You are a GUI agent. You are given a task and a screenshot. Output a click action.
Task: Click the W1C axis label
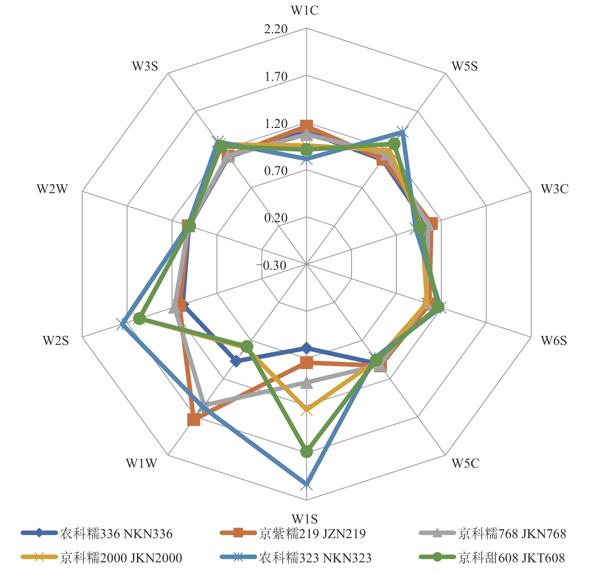coord(305,10)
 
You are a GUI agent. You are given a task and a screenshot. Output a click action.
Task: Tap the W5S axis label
coord(465,66)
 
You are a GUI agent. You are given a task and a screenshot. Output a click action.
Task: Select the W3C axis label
coord(555,189)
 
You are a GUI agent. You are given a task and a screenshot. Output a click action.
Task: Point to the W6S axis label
coord(554,341)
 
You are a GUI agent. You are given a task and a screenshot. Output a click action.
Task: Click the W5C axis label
coord(466,463)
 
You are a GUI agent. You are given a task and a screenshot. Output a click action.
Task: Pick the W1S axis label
coord(305,518)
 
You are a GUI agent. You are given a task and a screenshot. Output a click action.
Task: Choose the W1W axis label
coord(141,463)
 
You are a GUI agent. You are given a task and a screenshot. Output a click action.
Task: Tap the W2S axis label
coord(56,341)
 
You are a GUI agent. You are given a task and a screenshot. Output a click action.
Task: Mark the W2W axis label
coord(52,189)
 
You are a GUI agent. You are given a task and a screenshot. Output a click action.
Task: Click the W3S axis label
coord(145,66)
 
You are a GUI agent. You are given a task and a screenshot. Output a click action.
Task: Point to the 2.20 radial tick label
coord(276,29)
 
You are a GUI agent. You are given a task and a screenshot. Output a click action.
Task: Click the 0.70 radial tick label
coord(276,171)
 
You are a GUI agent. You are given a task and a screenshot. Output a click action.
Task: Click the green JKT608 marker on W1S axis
coord(306,452)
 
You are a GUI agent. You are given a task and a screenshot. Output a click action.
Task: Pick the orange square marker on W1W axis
coord(194,420)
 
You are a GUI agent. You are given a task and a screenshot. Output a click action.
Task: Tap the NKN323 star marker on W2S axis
coord(122,324)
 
